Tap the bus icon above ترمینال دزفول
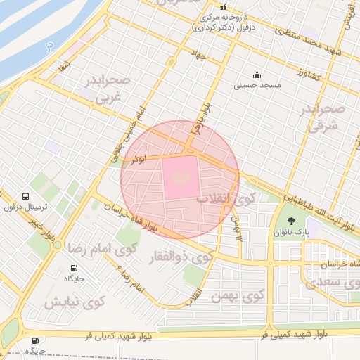(26, 196)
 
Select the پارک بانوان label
(292, 232)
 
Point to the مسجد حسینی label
(257, 84)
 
